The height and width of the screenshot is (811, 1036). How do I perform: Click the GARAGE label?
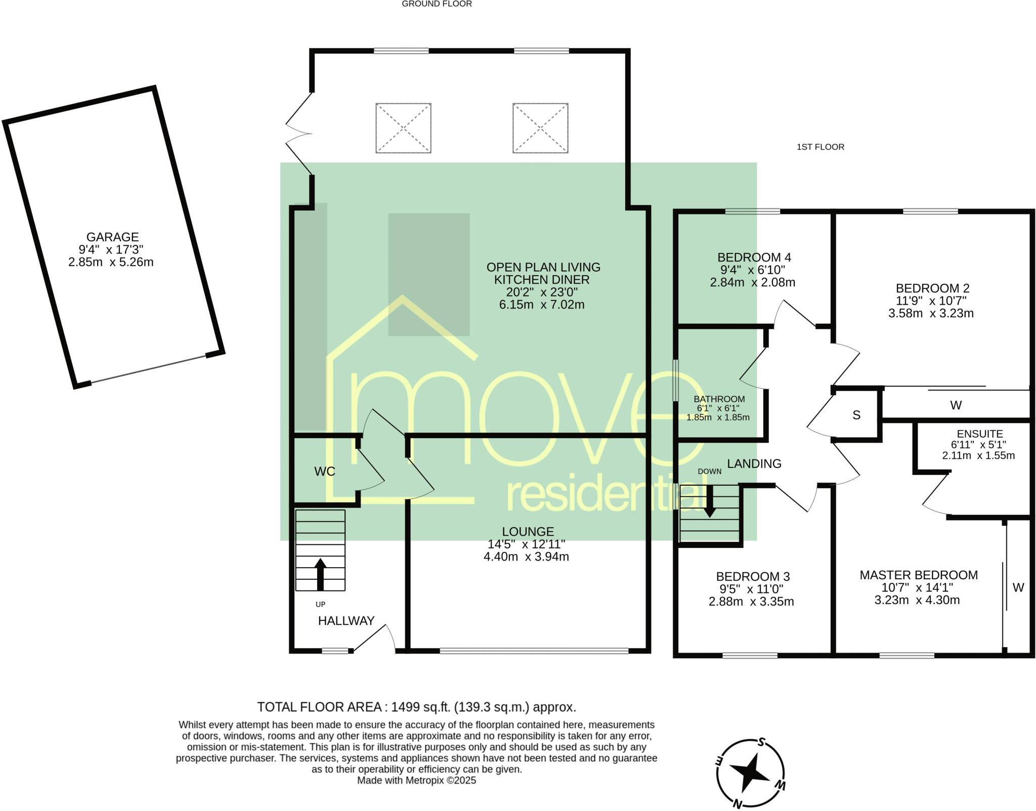click(x=112, y=237)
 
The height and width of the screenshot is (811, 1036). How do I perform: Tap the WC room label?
click(x=325, y=472)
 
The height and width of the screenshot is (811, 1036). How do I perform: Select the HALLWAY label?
click(x=346, y=621)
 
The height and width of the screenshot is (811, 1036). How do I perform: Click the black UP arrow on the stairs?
click(x=320, y=574)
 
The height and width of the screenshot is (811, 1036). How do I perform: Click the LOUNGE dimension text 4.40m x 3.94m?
click(x=526, y=557)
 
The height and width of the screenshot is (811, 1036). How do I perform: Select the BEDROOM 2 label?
click(x=932, y=288)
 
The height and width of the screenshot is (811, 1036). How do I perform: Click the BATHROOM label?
click(x=719, y=399)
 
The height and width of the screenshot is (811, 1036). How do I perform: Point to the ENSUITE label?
click(x=980, y=434)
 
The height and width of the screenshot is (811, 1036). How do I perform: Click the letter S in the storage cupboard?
click(x=856, y=415)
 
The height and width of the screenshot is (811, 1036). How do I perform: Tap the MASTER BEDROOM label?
click(x=919, y=575)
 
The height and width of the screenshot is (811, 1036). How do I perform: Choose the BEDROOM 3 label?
click(x=753, y=577)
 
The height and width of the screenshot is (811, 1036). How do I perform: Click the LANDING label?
click(x=754, y=463)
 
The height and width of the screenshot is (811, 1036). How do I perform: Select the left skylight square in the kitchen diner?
click(x=403, y=128)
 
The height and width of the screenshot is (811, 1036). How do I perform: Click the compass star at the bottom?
click(x=749, y=773)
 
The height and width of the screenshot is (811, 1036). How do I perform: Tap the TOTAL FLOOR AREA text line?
click(x=416, y=707)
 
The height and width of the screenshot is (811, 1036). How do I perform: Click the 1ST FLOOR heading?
click(x=821, y=147)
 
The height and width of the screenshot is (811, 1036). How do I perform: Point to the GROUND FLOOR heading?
click(x=437, y=4)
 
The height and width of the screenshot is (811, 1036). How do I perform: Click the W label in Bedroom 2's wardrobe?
click(x=956, y=405)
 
